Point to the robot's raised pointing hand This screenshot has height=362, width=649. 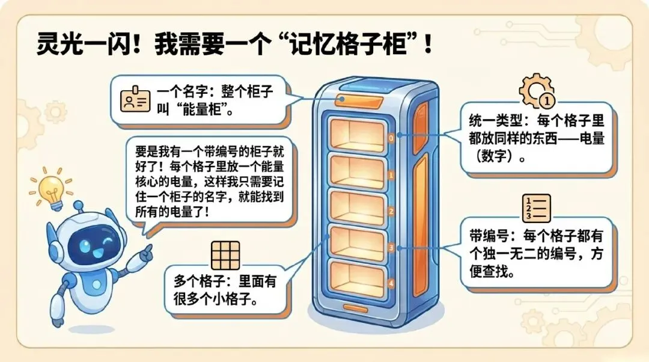pyautogui.click(x=144, y=252)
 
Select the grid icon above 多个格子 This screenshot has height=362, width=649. pyautogui.click(x=225, y=255)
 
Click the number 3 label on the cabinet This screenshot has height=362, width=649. pyautogui.click(x=391, y=247)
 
